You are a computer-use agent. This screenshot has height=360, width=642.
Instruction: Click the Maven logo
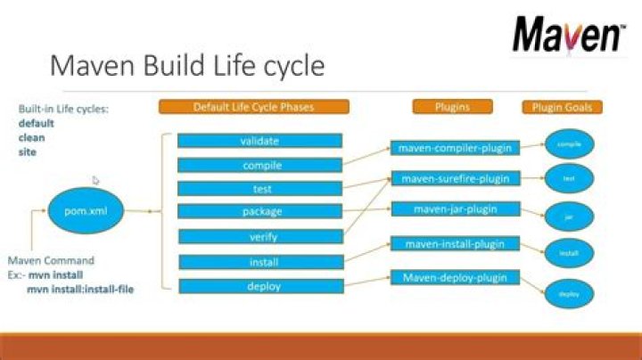click(x=568, y=37)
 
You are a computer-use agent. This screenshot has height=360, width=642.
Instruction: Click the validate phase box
click(x=260, y=141)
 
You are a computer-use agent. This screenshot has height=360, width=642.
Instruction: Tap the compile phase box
click(x=260, y=165)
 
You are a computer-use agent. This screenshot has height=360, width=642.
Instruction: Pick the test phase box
click(x=260, y=189)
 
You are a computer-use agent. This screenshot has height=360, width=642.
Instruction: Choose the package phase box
click(x=260, y=212)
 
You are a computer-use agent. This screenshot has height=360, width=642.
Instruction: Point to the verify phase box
click(x=260, y=236)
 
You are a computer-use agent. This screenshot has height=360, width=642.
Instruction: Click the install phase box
click(x=260, y=262)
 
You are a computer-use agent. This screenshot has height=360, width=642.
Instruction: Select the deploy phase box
click(x=260, y=286)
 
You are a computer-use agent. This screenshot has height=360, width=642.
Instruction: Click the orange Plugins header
click(x=452, y=107)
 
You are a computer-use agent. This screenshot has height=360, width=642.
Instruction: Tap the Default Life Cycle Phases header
click(x=254, y=107)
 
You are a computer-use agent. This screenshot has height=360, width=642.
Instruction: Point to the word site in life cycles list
click(x=27, y=152)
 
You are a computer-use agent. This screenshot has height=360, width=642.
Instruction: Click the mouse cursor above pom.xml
click(x=95, y=179)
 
